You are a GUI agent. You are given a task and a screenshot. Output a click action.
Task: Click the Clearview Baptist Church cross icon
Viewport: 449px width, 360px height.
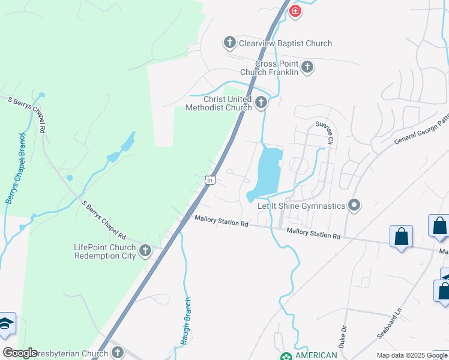click(x=229, y=43)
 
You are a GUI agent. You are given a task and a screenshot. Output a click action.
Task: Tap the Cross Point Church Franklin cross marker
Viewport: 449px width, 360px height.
click(x=307, y=67)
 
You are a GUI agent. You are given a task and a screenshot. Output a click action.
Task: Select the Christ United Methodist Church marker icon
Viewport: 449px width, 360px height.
click(x=261, y=103)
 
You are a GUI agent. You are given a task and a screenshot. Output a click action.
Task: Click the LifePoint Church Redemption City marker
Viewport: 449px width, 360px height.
click(x=145, y=251)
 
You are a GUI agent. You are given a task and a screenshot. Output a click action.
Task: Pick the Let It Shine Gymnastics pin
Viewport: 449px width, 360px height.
click(x=354, y=206)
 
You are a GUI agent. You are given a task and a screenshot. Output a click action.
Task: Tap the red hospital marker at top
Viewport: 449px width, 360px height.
click(x=295, y=11)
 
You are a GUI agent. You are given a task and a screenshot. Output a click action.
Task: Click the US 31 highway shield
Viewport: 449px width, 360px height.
click(x=209, y=180)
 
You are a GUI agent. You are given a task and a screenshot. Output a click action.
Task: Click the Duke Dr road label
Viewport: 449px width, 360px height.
click(x=344, y=337)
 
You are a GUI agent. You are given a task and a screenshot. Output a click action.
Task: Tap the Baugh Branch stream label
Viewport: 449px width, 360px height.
click(x=185, y=322)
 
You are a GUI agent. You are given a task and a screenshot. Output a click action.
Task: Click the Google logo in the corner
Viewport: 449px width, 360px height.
click(x=20, y=353)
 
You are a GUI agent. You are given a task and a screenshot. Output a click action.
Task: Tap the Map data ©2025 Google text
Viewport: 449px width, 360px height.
click(x=412, y=355)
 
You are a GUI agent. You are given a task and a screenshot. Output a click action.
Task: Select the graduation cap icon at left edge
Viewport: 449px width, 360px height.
click(x=5, y=325)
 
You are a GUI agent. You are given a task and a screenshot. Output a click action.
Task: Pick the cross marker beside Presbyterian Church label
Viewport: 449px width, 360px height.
click(x=118, y=352)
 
